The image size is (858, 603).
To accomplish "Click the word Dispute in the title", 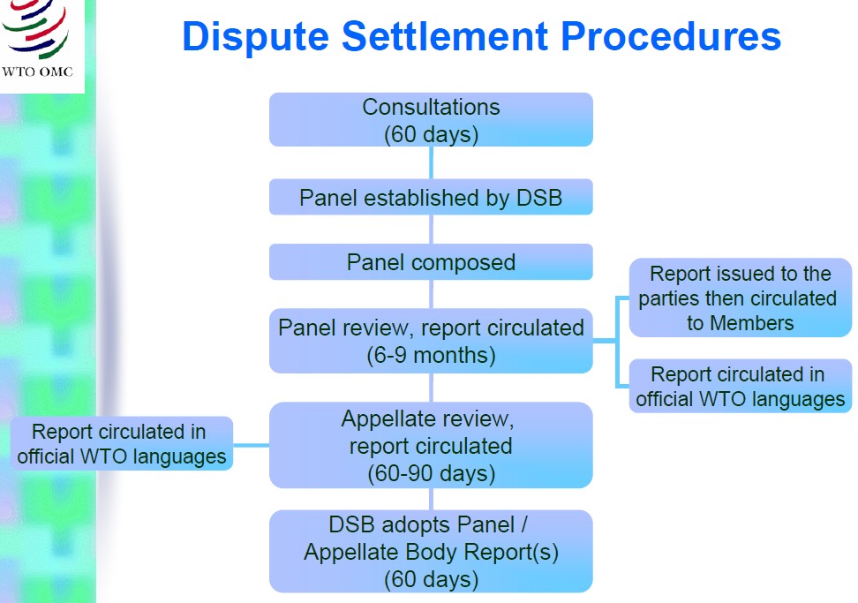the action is (255, 37).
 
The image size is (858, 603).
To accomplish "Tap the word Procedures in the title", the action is (671, 37).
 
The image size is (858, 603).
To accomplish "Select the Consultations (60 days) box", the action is (431, 120).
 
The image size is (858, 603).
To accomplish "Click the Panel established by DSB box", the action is (431, 197).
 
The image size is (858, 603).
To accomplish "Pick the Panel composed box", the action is (431, 262).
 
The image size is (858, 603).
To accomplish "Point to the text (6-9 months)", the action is (431, 355).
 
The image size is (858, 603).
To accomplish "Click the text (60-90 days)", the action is (431, 473).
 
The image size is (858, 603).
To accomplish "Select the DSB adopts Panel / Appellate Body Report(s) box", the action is (431, 552).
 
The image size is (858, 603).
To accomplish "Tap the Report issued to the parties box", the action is (741, 298).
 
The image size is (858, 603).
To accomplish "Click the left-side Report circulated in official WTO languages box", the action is (122, 444).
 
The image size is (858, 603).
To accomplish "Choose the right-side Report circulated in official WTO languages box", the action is (741, 387).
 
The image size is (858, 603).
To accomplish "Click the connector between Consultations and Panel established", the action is (431, 162).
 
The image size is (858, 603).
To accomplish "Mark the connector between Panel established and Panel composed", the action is (431, 230).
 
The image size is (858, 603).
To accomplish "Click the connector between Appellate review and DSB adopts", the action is (431, 499).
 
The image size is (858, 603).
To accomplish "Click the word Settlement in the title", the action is (445, 37).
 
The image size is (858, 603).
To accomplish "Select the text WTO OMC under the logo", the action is (37, 72).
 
